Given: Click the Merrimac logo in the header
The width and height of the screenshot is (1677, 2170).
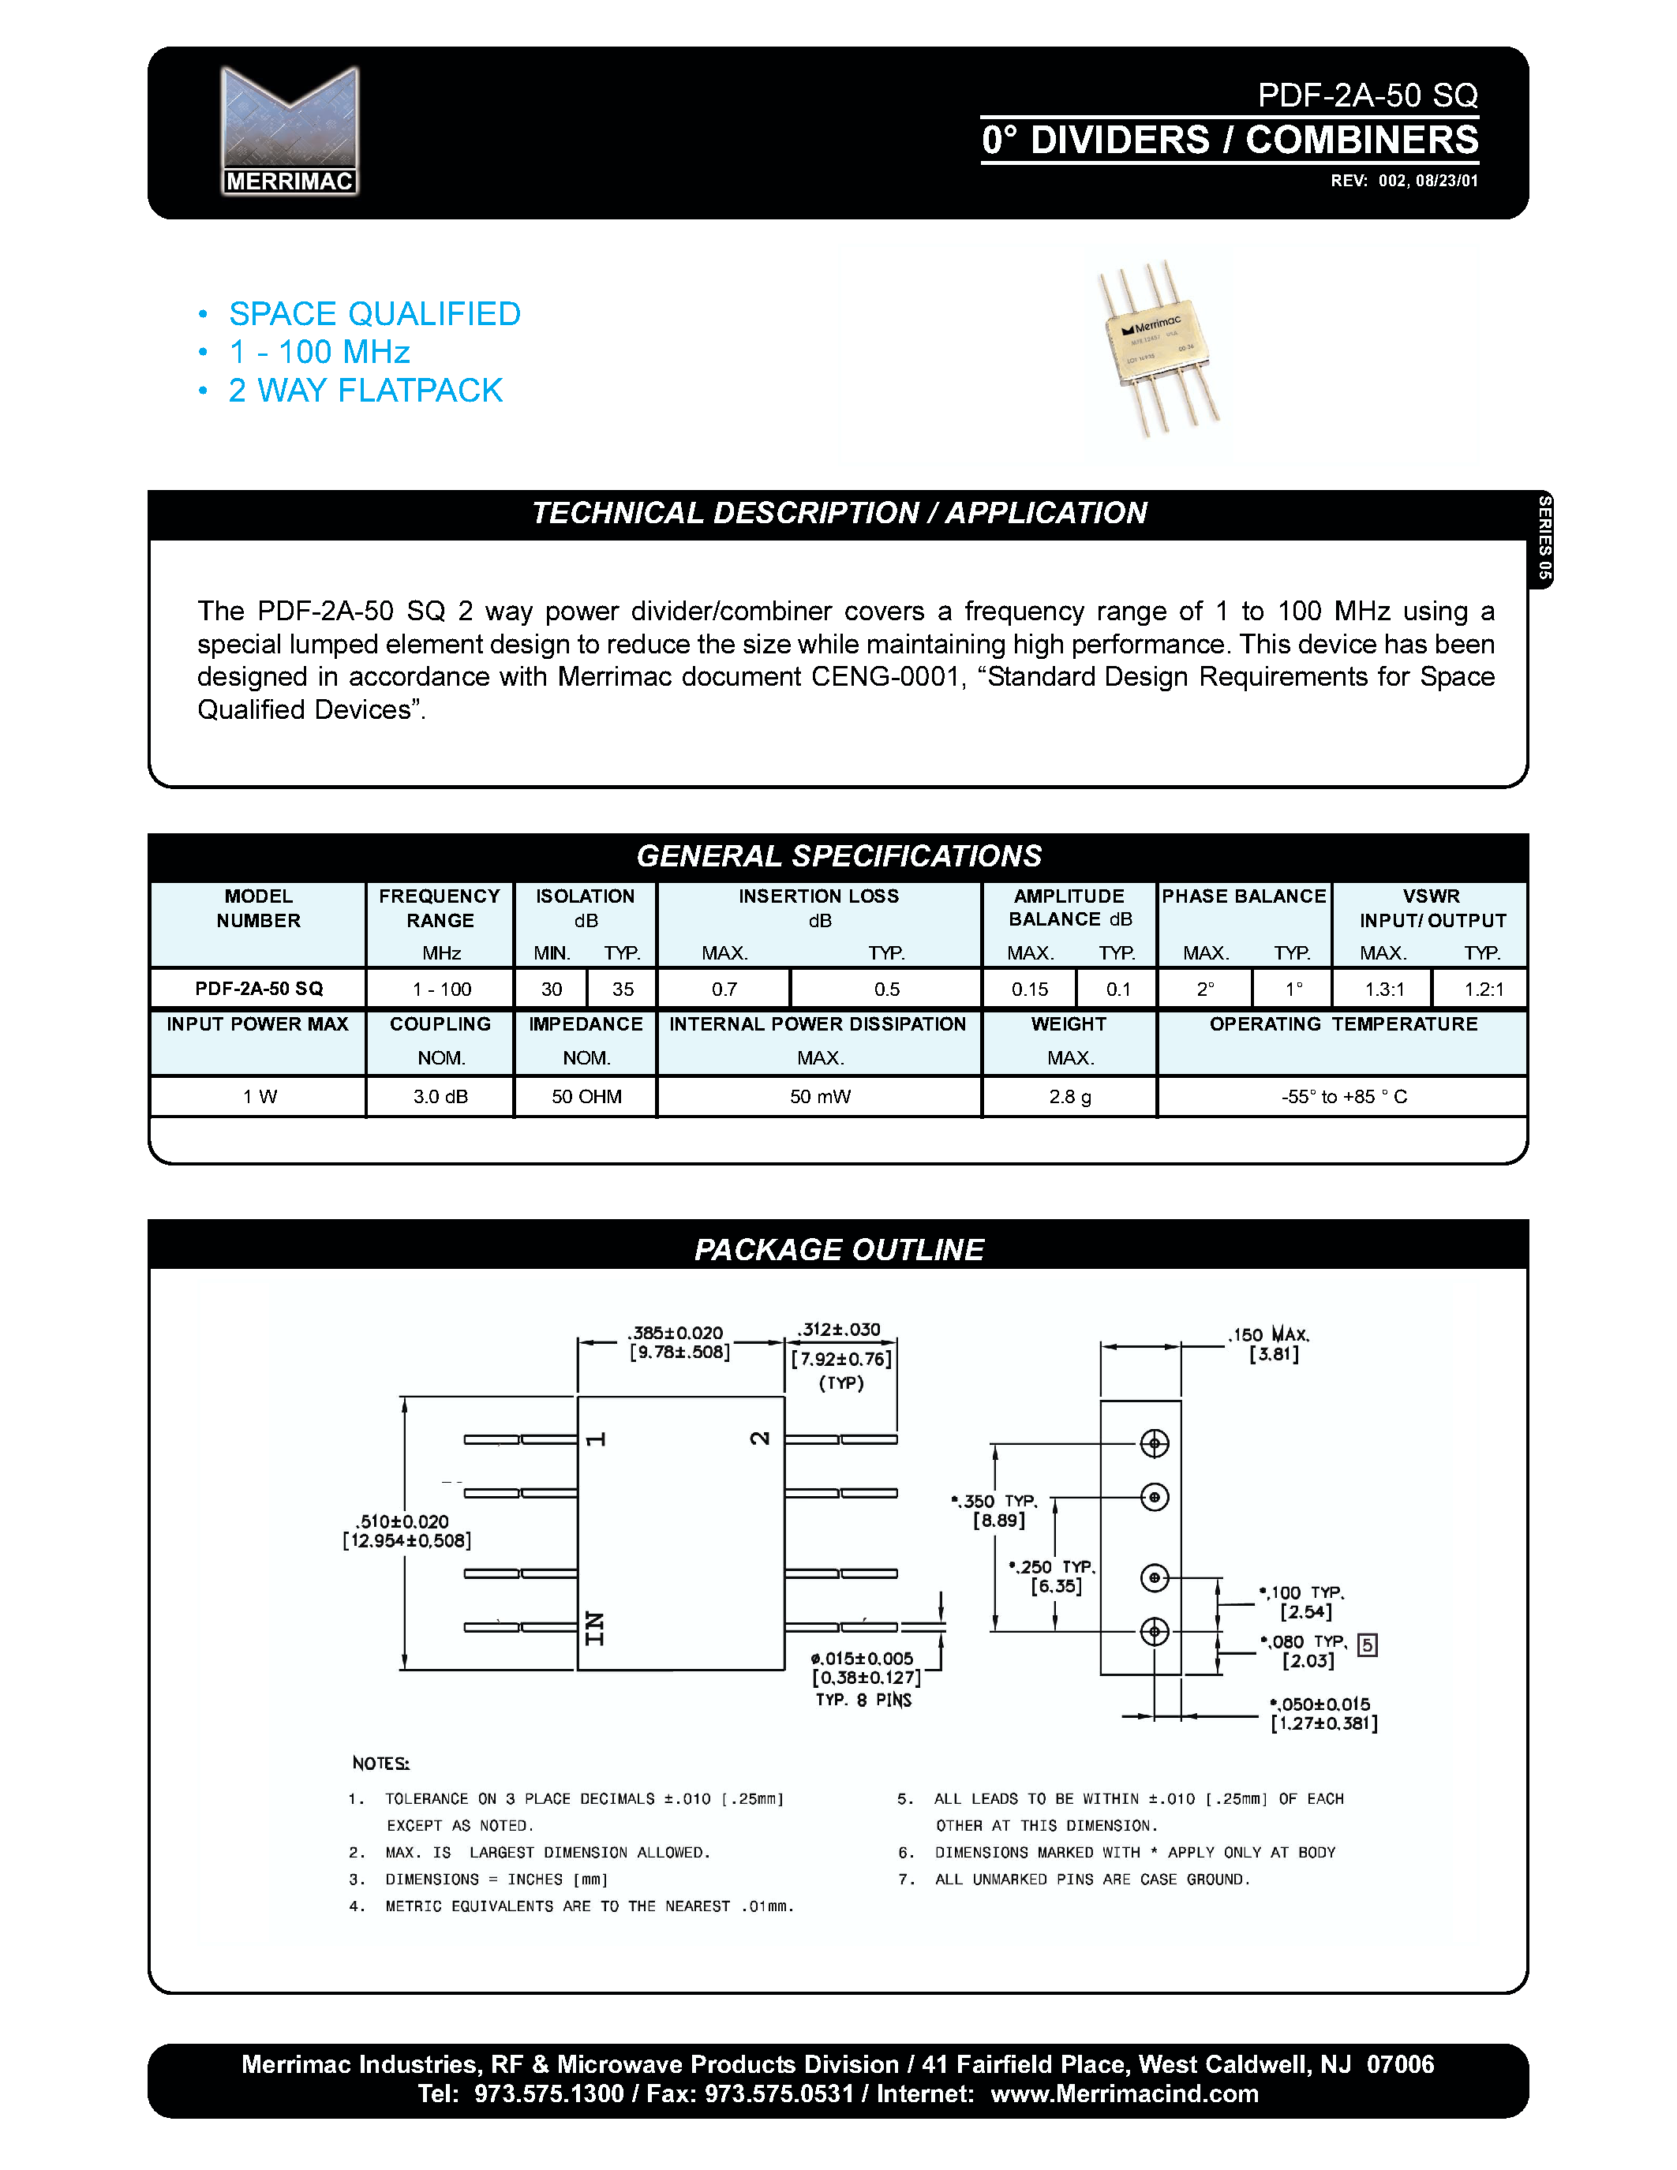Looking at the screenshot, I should pyautogui.click(x=289, y=130).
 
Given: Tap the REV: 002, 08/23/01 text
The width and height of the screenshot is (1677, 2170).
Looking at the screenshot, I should pyautogui.click(x=1404, y=181).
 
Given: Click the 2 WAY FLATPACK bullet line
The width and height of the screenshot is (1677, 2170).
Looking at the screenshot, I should pyautogui.click(x=365, y=391).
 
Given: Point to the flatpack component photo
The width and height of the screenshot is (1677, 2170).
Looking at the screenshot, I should pyautogui.click(x=1159, y=350).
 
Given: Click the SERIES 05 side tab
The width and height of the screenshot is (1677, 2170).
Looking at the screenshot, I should pyautogui.click(x=1543, y=537).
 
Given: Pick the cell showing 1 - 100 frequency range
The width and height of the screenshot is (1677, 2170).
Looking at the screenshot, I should pyautogui.click(x=441, y=989).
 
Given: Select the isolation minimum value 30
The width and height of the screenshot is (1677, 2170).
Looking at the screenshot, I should pyautogui.click(x=552, y=989).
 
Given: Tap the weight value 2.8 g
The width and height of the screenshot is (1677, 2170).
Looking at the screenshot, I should pyautogui.click(x=1069, y=1096).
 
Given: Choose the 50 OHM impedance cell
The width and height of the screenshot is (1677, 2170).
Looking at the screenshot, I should pyautogui.click(x=586, y=1096).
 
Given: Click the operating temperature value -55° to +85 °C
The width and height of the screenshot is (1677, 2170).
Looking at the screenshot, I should pyautogui.click(x=1343, y=1096).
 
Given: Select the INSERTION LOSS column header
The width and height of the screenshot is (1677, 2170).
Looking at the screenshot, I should pyautogui.click(x=818, y=896).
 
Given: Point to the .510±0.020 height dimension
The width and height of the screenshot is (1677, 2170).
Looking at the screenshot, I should pyautogui.click(x=403, y=1521).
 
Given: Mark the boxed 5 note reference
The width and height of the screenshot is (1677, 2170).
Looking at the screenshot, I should pyautogui.click(x=1367, y=1644).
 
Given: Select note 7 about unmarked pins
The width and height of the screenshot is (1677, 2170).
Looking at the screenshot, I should pyautogui.click(x=1091, y=1879).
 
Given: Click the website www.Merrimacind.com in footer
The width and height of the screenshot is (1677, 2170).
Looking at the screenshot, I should pyautogui.click(x=1124, y=2093).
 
